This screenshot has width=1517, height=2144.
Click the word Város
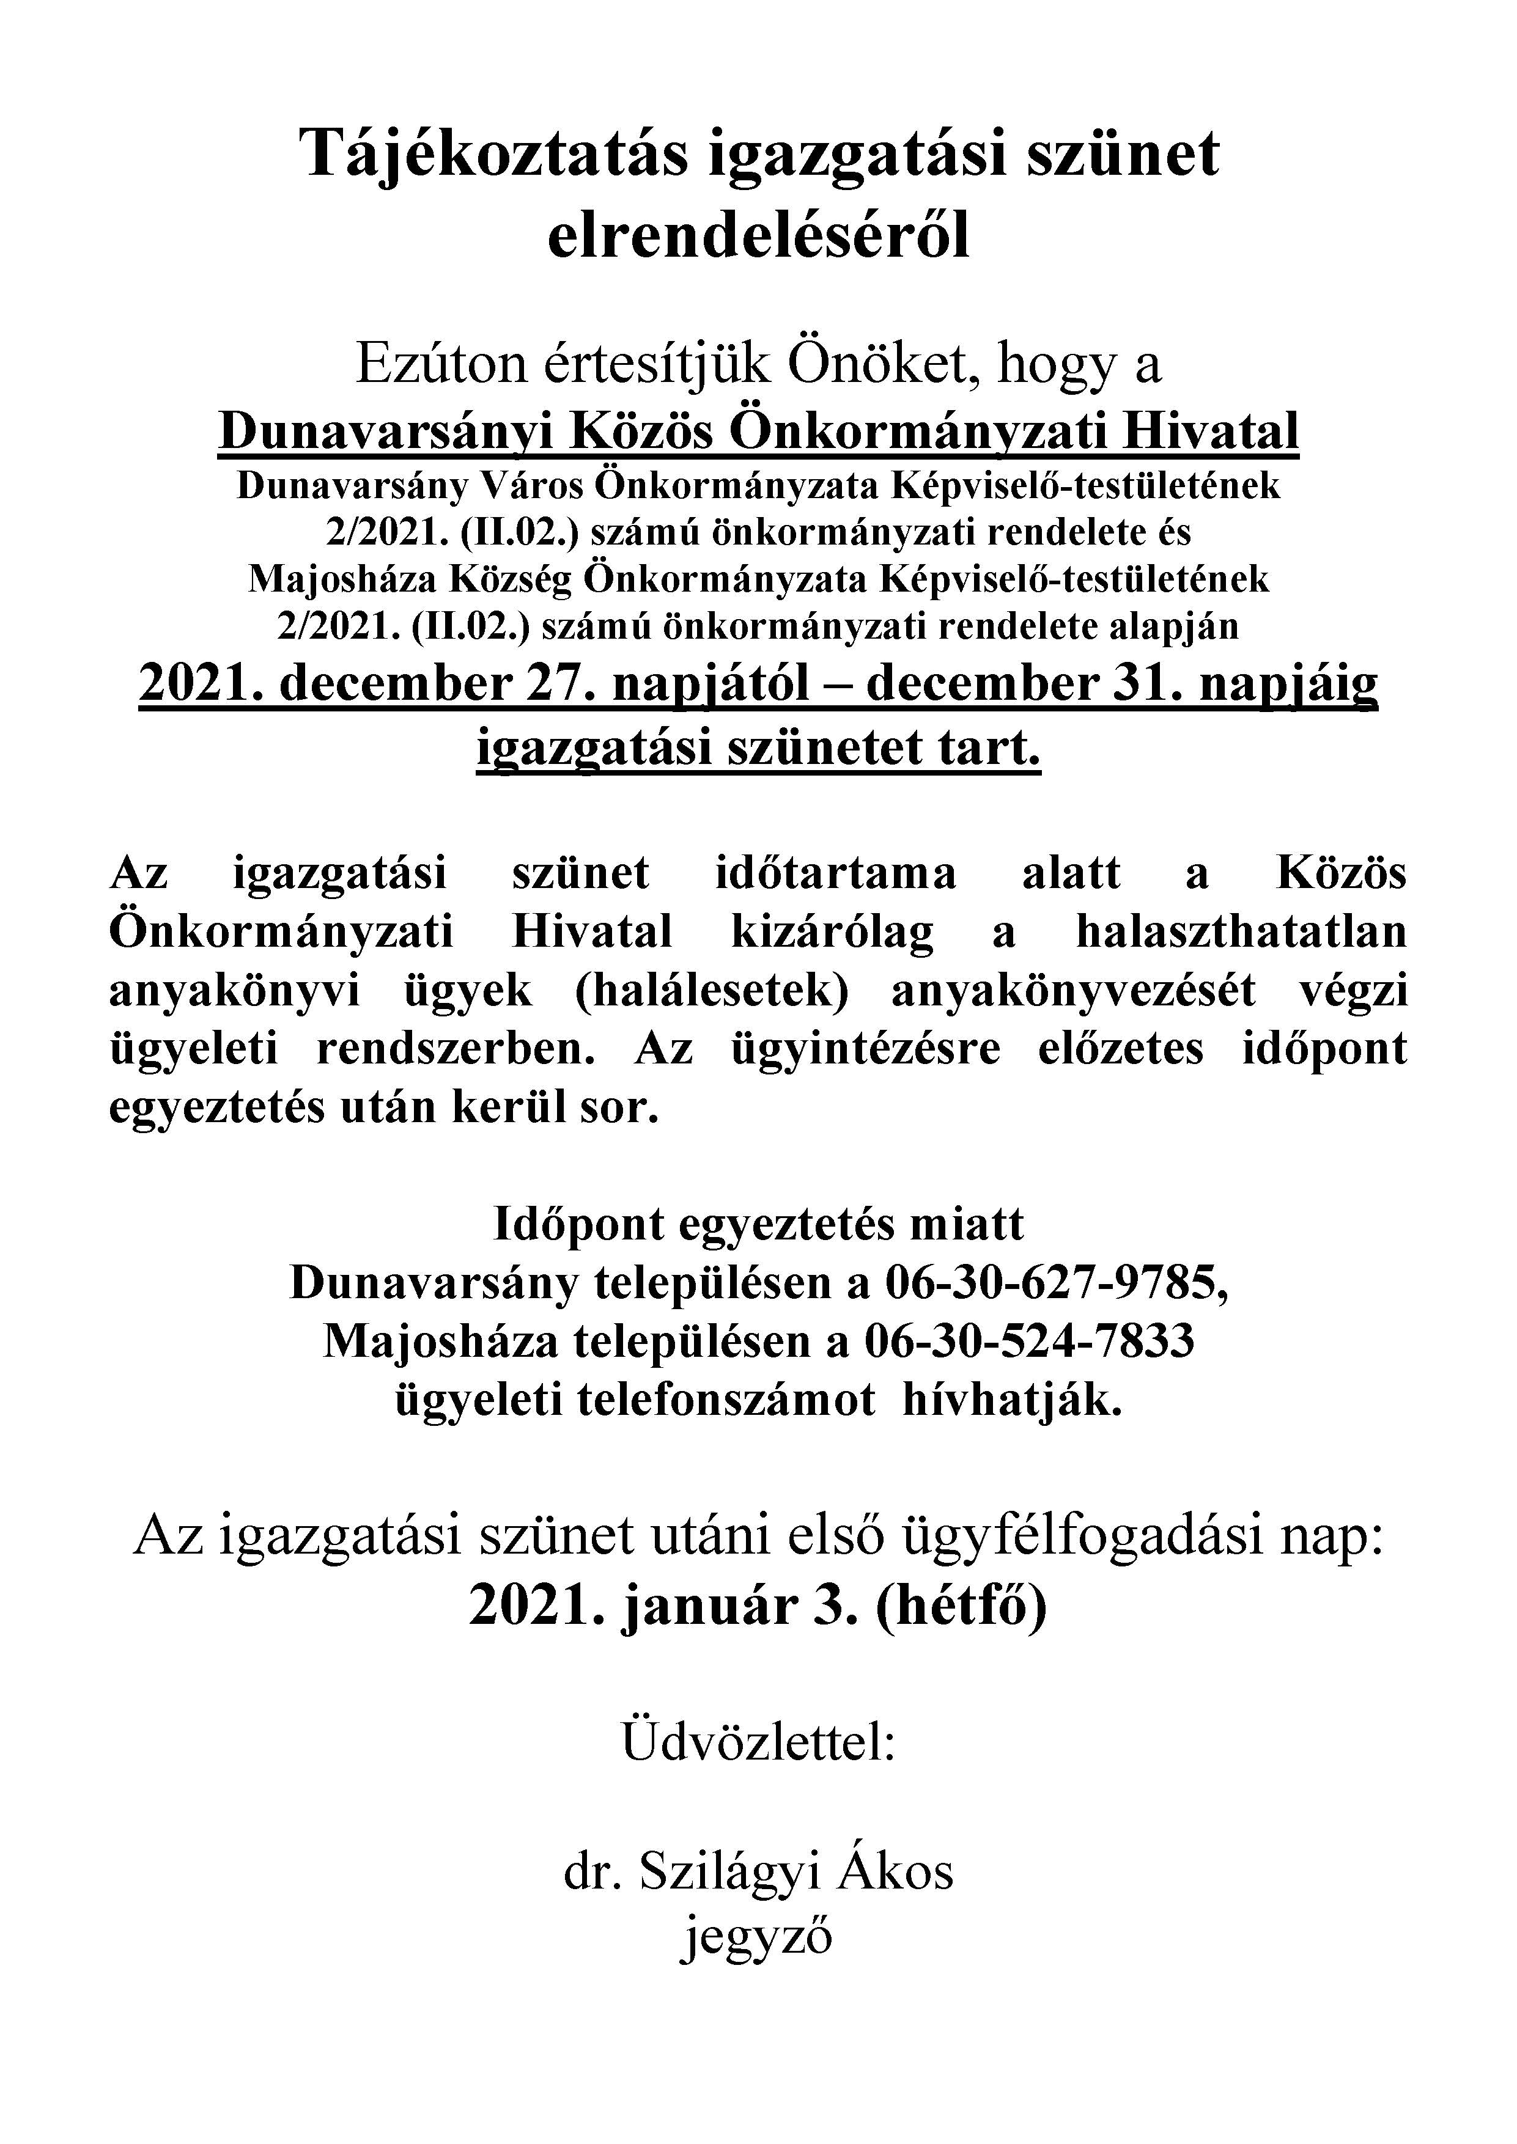pos(530,486)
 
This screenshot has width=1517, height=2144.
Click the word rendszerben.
pos(456,1049)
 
